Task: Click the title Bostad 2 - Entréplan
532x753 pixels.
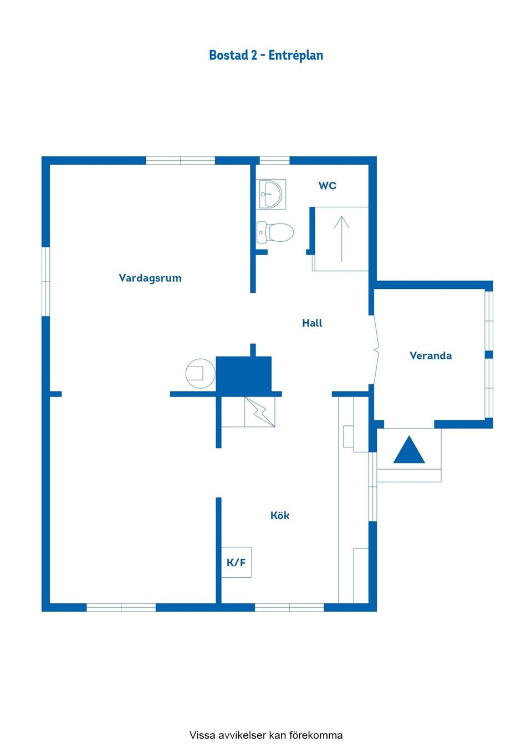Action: [x=266, y=55]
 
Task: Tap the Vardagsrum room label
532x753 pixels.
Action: [x=150, y=278]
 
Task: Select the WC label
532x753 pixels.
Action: [x=328, y=186]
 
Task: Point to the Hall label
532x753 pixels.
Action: [x=312, y=323]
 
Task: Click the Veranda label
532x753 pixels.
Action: [x=431, y=355]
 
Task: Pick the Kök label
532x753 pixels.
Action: [x=280, y=515]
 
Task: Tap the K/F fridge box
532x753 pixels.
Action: [x=237, y=562]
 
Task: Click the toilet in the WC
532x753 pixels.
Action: [x=275, y=232]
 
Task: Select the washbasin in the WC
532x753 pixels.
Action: [x=273, y=194]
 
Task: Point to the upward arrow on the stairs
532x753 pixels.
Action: [x=341, y=239]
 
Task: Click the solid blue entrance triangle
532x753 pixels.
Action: [x=409, y=450]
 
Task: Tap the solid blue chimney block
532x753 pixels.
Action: [x=243, y=374]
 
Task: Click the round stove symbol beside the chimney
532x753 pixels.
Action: [x=201, y=374]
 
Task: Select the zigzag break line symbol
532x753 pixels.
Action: [x=260, y=412]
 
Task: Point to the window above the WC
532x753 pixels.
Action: [x=274, y=161]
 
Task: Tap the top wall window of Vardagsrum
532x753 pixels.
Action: [x=180, y=161]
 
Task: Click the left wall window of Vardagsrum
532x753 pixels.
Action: [x=45, y=282]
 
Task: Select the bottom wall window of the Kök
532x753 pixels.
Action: [x=289, y=607]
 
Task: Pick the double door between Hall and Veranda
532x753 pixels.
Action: [x=376, y=350]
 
